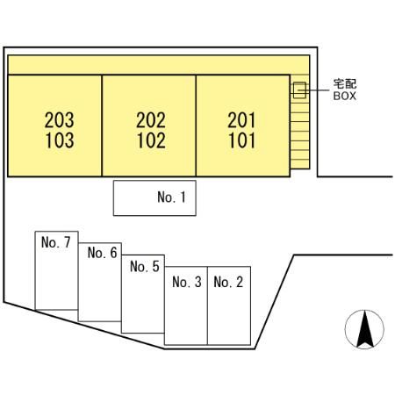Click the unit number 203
point(60,120)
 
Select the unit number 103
point(60,140)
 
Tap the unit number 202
point(151,120)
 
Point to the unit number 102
point(151,140)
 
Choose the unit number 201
point(241,120)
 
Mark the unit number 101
point(241,140)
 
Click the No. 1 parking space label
point(171,197)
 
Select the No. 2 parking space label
point(228,282)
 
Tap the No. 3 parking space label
point(187,282)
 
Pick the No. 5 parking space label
point(145,267)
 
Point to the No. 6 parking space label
point(102,253)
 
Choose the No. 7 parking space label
point(56,242)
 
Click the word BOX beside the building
point(345,96)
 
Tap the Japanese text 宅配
point(345,84)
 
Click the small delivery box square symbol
point(299,90)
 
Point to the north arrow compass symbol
point(364,329)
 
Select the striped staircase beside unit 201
point(299,131)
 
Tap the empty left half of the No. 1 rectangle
point(134,198)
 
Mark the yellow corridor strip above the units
point(159,65)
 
